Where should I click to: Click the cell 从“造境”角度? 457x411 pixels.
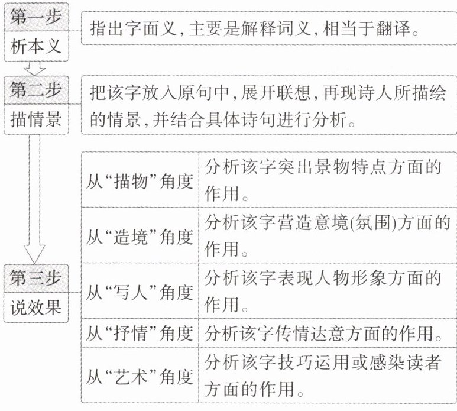pyautogui.click(x=140, y=236)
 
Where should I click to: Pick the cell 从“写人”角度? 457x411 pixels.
pyautogui.click(x=140, y=291)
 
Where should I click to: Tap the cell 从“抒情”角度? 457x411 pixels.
pyautogui.click(x=140, y=334)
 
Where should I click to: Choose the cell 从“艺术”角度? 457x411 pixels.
pyautogui.click(x=140, y=375)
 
